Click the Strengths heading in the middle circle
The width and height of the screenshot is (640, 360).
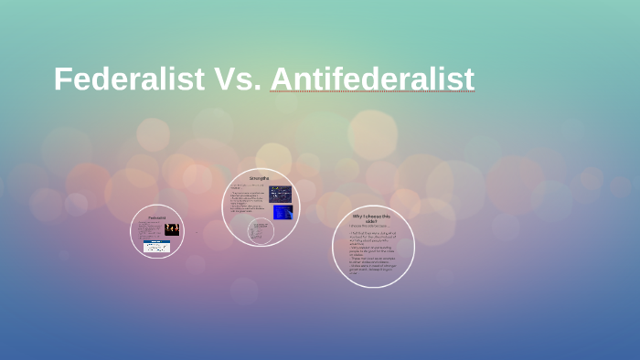point(261,177)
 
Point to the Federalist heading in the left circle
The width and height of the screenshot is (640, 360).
point(156,217)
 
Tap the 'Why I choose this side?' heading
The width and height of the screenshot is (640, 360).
point(371,218)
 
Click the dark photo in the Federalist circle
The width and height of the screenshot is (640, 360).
point(171,229)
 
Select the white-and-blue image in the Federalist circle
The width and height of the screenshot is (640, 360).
point(157,247)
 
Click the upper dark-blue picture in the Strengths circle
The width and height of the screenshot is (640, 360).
point(280,194)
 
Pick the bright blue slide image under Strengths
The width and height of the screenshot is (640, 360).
point(282,212)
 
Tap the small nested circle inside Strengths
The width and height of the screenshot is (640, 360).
point(260,230)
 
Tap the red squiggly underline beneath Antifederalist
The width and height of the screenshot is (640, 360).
point(372,93)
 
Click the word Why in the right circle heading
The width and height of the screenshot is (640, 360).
point(357,216)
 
